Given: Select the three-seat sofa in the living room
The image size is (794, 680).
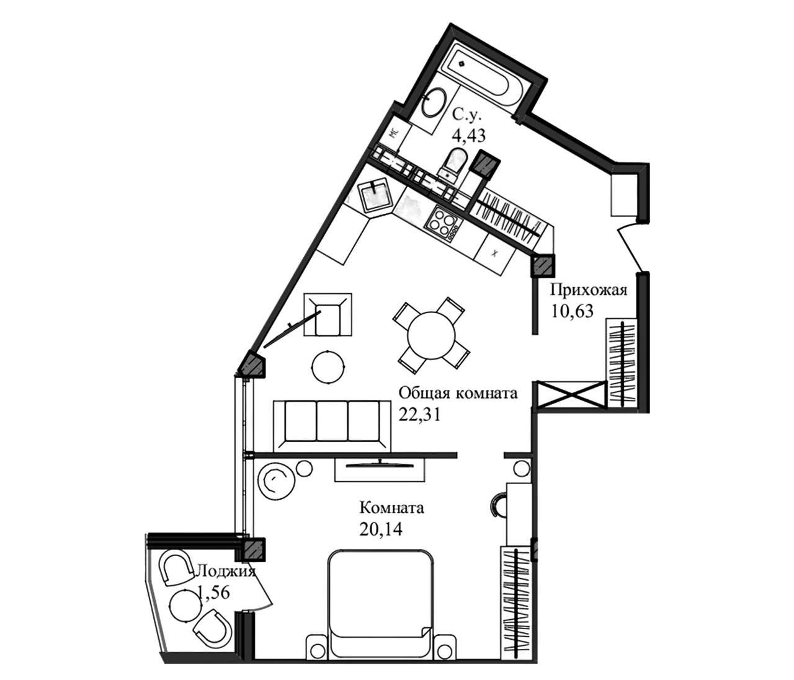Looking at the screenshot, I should (x=333, y=425).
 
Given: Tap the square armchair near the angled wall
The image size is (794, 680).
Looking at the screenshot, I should (x=326, y=314).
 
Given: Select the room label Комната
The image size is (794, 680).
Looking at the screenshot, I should (x=393, y=509).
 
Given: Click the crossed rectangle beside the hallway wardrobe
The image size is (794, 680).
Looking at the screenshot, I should (x=568, y=394).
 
